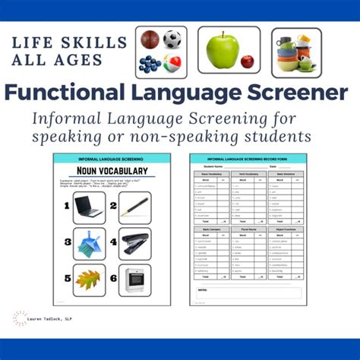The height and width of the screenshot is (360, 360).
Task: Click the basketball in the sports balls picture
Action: click(150, 39)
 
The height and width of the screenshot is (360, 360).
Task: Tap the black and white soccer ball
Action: click(173, 39)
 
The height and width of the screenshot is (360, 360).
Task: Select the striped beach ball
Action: click(173, 63)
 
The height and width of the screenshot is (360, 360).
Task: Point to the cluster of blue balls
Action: click(150, 64)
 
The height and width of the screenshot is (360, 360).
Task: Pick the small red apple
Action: click(248, 61)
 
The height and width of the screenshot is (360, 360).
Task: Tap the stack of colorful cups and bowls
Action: click(296, 52)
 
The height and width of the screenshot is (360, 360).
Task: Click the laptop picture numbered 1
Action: click(89, 207)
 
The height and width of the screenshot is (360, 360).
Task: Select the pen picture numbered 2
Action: click(134, 207)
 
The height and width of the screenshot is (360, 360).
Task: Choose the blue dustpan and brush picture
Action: click(89, 243)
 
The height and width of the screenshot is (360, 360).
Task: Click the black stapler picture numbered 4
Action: click(134, 243)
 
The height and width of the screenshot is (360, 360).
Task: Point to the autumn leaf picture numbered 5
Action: click(89, 279)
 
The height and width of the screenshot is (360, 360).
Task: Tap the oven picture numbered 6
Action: click(134, 279)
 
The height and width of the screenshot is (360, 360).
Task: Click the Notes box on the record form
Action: click(248, 293)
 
